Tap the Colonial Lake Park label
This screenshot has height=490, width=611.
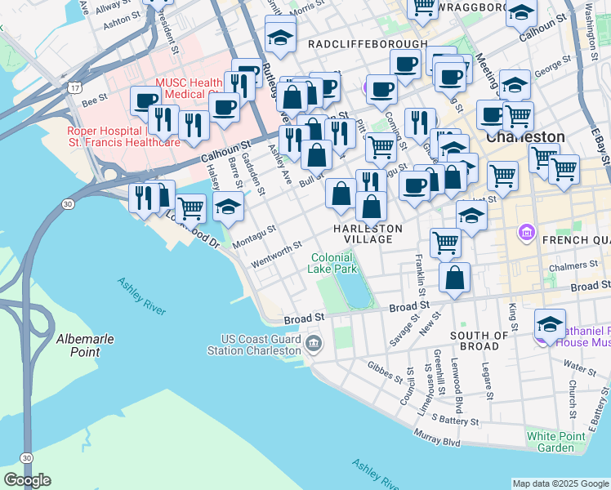[x=333, y=263]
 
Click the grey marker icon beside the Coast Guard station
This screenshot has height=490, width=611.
[x=314, y=345]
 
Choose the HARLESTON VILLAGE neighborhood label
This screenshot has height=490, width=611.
[x=368, y=234]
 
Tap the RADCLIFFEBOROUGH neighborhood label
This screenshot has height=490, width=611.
[x=368, y=43]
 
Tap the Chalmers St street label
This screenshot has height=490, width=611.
[x=572, y=266]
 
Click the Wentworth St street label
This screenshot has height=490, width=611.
[x=277, y=253]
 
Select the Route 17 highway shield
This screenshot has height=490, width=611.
[x=75, y=87]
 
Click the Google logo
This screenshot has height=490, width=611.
[x=27, y=480]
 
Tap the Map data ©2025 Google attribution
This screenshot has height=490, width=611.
[x=560, y=483]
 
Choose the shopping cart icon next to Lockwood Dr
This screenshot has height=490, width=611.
[x=190, y=209]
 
